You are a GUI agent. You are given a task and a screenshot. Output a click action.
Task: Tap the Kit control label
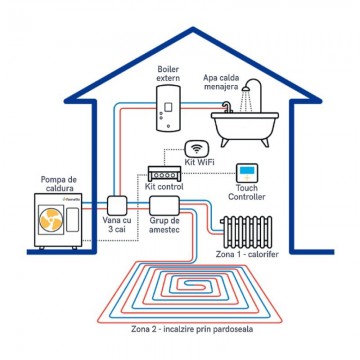165,187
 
